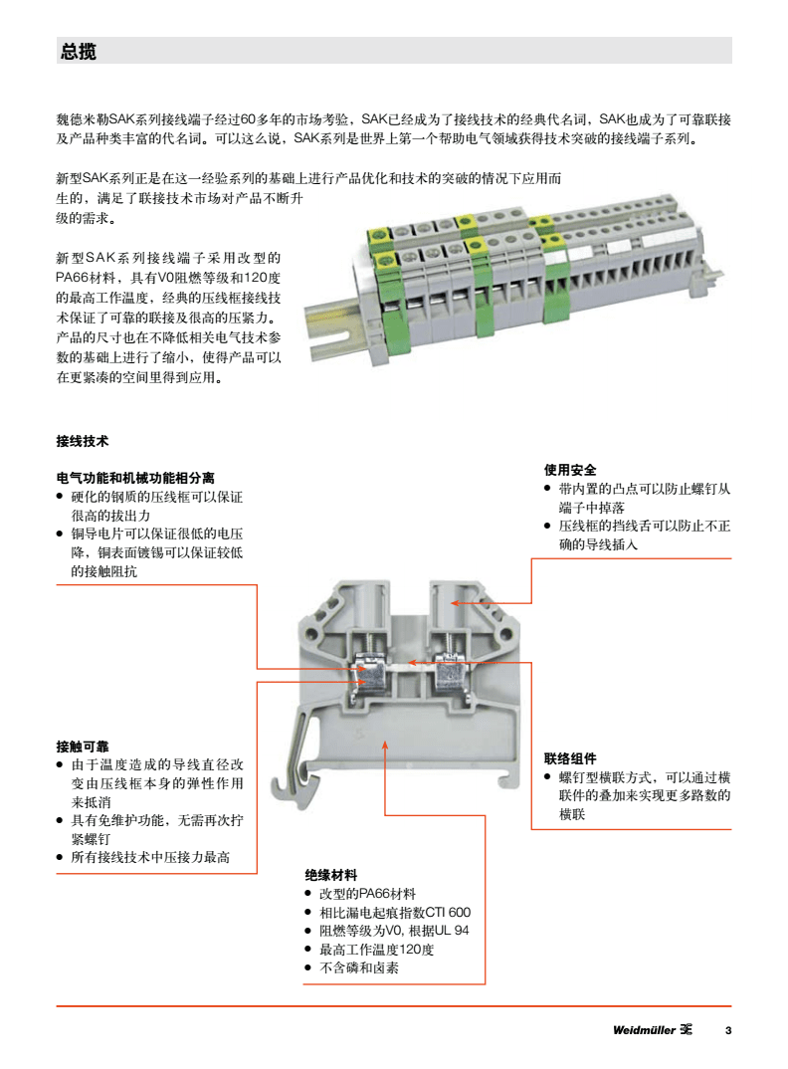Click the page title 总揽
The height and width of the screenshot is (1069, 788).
coord(78,52)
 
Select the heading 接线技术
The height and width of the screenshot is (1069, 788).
coord(82,440)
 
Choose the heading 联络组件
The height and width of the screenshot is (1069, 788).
coord(570,757)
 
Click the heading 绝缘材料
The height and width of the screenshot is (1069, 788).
coord(330,875)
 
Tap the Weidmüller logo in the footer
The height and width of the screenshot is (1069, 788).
coord(652,1029)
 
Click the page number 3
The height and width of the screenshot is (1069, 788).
coord(727,1029)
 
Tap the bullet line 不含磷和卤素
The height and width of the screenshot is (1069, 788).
coord(358,967)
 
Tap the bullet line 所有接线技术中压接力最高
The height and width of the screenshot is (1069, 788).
coord(150,857)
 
